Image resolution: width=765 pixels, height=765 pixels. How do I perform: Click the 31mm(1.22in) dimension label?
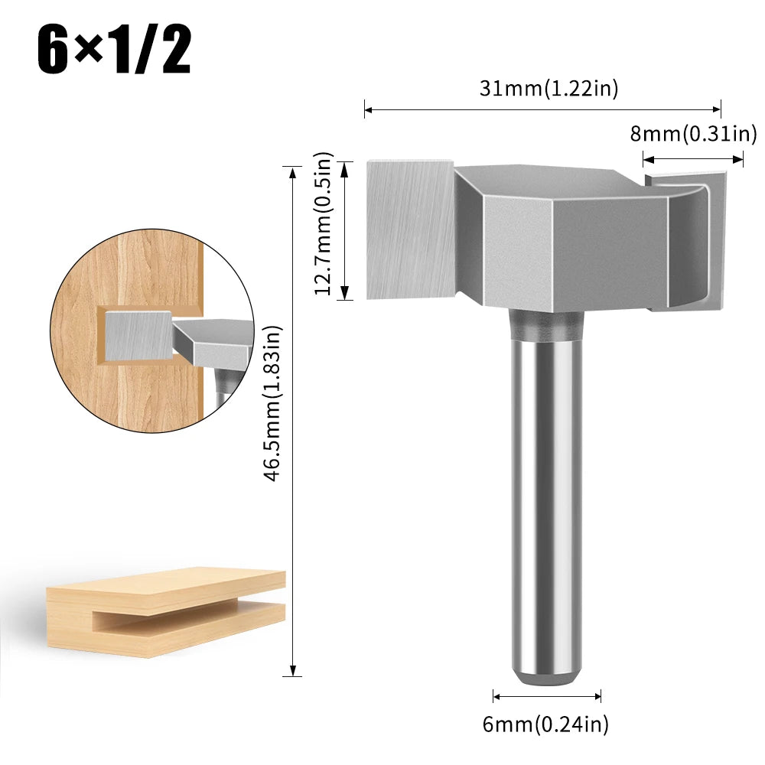click(549, 89)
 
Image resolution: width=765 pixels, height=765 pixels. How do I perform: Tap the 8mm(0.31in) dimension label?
click(693, 134)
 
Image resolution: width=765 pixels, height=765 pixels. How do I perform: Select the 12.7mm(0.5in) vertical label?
click(324, 223)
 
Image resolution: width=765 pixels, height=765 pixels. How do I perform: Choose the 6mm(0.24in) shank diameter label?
click(545, 724)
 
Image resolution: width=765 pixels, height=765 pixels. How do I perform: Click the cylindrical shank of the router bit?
click(545, 497)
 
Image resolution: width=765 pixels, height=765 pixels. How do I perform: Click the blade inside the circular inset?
click(138, 335)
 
